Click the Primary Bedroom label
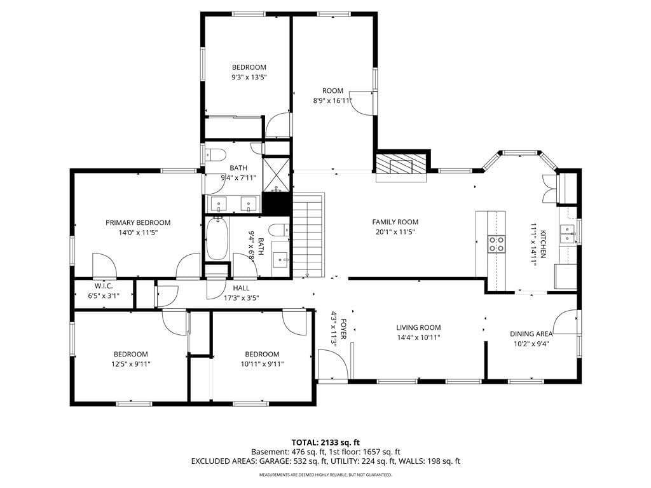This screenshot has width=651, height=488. click(138, 223)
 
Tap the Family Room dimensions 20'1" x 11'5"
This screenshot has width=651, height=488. click(395, 233)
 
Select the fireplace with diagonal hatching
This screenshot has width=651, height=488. click(401, 167)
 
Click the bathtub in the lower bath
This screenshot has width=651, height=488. click(217, 239)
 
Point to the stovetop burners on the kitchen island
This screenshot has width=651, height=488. click(496, 244)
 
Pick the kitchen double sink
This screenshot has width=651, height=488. click(567, 234)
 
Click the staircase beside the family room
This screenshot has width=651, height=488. click(308, 235)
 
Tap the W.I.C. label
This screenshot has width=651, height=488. click(104, 287)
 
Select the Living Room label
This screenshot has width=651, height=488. click(418, 328)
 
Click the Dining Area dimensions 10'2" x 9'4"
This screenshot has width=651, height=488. click(531, 344)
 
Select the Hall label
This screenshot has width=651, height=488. click(241, 288)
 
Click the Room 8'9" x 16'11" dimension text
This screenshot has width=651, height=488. click(332, 100)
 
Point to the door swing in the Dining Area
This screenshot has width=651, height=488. click(565, 322)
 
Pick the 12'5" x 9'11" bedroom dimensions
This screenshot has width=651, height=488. click(131, 364)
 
